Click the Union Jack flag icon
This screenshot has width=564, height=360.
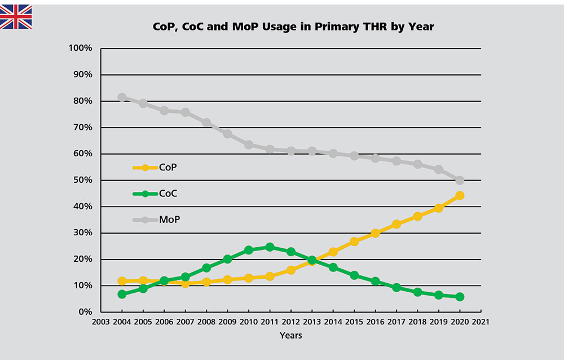(16, 17)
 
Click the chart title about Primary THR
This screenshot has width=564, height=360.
(293, 27)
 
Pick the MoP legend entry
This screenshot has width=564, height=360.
(156, 219)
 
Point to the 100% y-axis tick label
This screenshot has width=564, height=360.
(80, 49)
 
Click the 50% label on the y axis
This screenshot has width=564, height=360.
(82, 181)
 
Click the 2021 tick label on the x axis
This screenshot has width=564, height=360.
(481, 323)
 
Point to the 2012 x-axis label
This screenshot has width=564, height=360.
(290, 323)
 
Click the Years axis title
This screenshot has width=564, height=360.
(290, 336)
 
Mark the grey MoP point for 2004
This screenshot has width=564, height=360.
(122, 98)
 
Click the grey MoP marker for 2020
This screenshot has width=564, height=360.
(460, 181)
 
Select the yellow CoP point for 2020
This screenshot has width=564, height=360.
(460, 195)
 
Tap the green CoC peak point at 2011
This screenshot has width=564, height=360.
(270, 247)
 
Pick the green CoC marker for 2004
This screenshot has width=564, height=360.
(122, 294)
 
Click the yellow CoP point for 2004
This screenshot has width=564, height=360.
(122, 281)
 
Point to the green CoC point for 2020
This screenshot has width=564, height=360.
(460, 297)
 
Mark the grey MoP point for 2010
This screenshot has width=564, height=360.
(248, 144)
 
